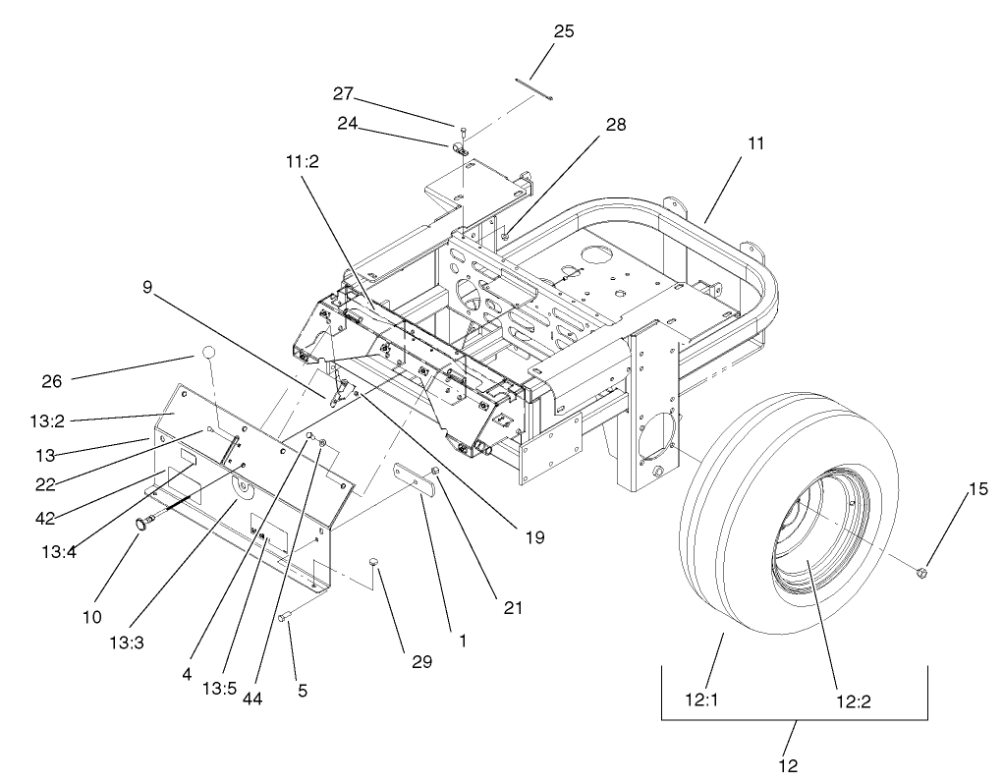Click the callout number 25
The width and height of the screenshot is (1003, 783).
564,31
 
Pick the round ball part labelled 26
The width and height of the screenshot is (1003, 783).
207,353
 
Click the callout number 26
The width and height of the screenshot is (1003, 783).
52,381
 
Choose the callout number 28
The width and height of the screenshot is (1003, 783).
616,125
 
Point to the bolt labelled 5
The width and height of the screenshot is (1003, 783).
284,618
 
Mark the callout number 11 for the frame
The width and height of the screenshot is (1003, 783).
755,142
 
